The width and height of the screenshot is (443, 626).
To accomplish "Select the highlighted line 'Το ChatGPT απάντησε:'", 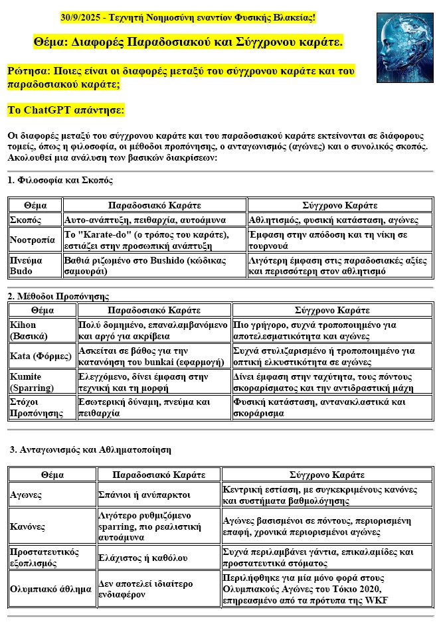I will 65,110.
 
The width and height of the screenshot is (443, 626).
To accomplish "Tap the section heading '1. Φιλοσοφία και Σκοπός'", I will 60,181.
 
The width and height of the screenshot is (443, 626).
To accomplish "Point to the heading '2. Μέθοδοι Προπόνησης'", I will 58,296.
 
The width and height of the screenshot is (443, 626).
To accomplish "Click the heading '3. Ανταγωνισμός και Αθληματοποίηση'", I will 90,449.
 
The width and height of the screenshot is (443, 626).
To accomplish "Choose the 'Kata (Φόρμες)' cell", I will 41,356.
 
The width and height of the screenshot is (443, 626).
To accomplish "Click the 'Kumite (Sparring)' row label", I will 30,382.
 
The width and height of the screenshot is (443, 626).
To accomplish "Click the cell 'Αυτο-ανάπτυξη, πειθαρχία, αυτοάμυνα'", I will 145,220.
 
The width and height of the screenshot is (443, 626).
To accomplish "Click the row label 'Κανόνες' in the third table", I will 28,526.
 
